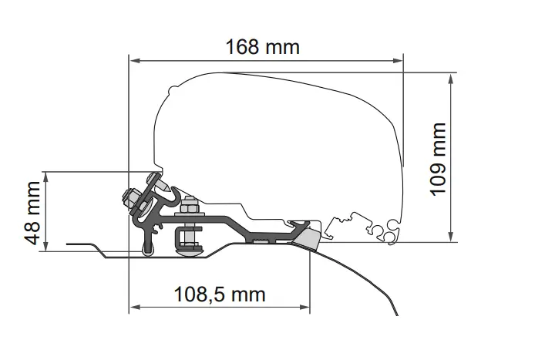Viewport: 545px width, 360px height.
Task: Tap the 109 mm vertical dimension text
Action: coord(437,159)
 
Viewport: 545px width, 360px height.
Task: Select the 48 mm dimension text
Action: coord(32,213)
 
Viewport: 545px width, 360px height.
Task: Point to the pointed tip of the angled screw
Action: coord(167,186)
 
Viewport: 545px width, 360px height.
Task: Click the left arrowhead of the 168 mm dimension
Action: coord(133,59)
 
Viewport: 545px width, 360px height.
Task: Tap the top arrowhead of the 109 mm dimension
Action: coord(449,76)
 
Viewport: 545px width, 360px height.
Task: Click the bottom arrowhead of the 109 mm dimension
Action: coord(449,237)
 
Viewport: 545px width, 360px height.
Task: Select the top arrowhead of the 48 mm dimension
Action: coord(48,175)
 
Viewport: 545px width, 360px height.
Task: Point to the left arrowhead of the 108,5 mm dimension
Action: coord(133,308)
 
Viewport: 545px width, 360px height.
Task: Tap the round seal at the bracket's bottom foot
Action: coord(148,248)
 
